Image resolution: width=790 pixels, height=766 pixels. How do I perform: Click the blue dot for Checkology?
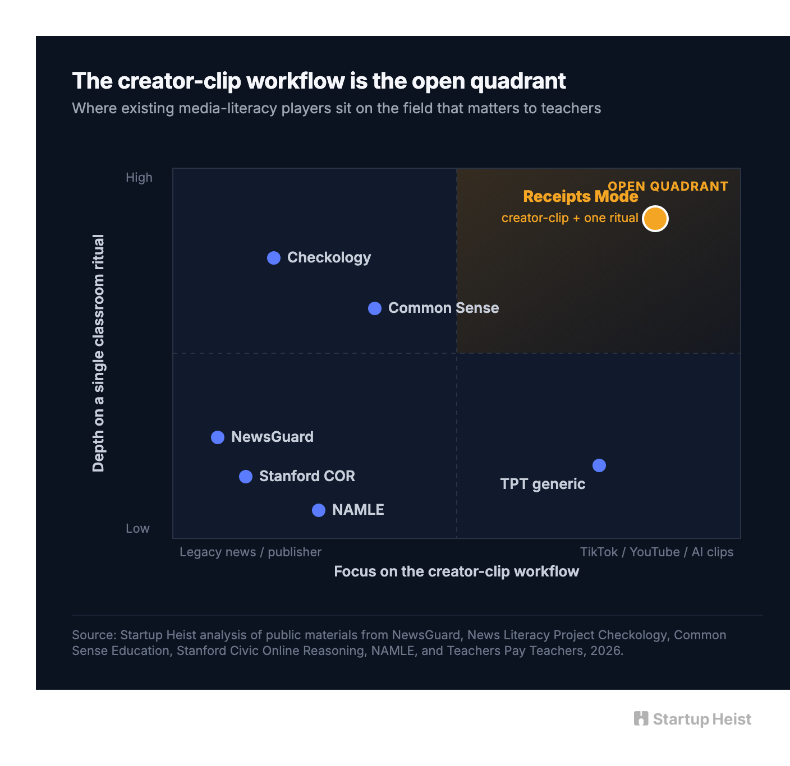point(274,257)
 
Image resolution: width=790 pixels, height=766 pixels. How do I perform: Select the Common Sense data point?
point(375,308)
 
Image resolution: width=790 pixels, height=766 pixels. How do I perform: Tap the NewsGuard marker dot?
point(218,437)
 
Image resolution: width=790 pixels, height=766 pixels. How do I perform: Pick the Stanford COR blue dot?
point(246,477)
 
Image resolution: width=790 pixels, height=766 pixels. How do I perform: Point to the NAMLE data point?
point(319,510)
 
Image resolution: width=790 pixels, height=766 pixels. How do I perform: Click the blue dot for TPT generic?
point(599,465)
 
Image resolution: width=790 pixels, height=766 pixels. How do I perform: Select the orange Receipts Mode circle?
point(655,219)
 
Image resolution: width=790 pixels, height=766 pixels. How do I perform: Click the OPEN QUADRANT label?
point(668,186)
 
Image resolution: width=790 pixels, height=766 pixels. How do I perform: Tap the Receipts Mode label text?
point(581,196)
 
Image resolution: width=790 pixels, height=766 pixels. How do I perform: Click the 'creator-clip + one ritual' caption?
point(570,218)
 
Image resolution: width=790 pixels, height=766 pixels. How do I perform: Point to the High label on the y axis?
point(139,177)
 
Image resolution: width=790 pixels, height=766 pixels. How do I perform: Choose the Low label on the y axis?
point(137,528)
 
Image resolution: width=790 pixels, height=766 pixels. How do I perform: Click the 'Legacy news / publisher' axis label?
point(250,552)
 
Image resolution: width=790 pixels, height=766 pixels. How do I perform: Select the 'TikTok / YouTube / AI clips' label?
point(656,552)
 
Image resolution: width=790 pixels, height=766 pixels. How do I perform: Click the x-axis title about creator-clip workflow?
point(456,571)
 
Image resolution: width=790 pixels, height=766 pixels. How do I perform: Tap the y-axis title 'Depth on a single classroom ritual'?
point(98,353)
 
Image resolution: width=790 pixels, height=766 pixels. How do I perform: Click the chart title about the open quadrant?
point(319,81)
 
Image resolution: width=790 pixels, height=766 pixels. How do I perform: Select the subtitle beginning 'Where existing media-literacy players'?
point(336,108)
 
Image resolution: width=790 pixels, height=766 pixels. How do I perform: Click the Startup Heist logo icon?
point(641,718)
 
